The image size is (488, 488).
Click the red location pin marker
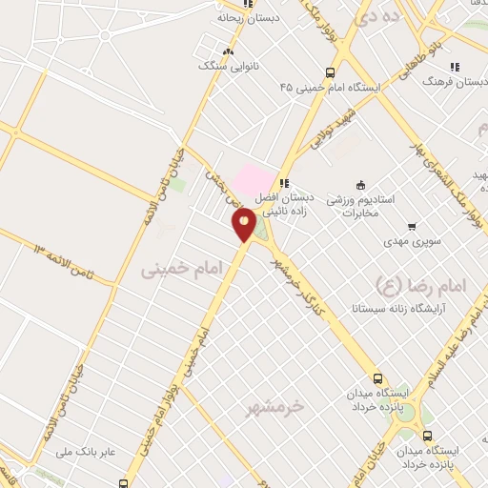(244, 223)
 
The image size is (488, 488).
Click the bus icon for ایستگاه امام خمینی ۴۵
(331, 72)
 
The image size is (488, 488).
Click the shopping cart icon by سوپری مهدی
(412, 227)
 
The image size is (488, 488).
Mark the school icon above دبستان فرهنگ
(456, 67)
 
